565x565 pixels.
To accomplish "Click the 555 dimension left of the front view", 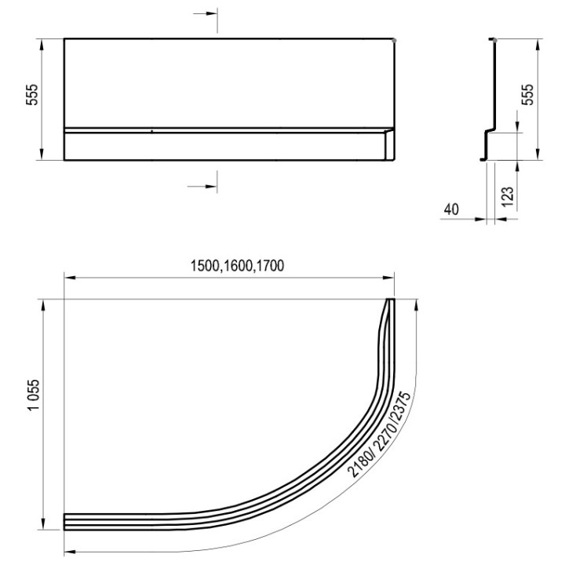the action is pyautogui.click(x=32, y=94).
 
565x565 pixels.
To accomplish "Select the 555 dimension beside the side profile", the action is pyautogui.click(x=527, y=94).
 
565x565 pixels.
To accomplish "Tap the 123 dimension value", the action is pyautogui.click(x=508, y=197).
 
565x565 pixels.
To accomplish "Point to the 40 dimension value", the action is pyautogui.click(x=451, y=209).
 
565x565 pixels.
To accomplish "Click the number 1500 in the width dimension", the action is pyautogui.click(x=205, y=266).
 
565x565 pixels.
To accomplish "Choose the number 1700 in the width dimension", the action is pyautogui.click(x=270, y=266).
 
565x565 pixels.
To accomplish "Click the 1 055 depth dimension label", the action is pyautogui.click(x=33, y=395).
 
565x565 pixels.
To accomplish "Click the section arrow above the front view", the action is pyautogui.click(x=206, y=13).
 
